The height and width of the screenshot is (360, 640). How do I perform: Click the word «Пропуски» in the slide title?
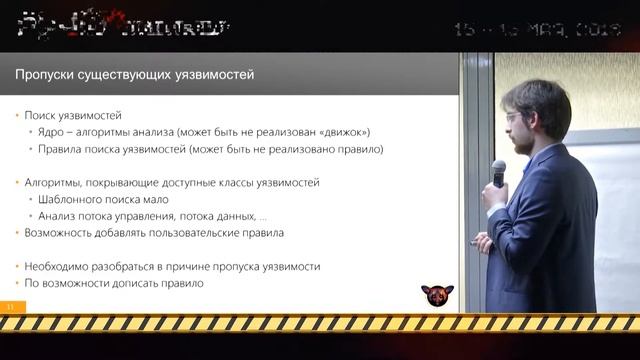coord(46,75)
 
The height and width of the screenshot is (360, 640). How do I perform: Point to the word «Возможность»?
coord(65,233)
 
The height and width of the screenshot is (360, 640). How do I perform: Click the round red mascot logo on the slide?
coord(436,296)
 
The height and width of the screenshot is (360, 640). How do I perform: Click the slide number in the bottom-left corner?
coord(10,306)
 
